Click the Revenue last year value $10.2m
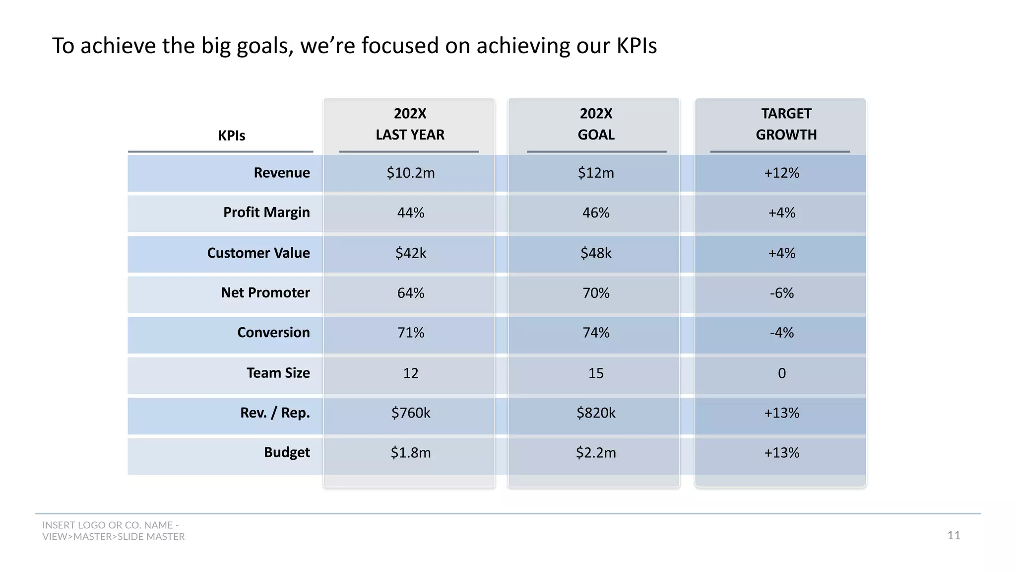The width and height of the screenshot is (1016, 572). [x=410, y=173]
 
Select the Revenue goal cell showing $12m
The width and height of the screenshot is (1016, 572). [x=595, y=173]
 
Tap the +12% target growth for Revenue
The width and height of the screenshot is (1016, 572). [x=781, y=173]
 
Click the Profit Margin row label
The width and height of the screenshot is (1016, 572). [x=266, y=213]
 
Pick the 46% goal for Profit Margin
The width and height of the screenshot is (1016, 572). [x=595, y=213]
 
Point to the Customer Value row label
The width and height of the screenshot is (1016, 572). [x=258, y=253]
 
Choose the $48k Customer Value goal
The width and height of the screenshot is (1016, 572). [x=595, y=253]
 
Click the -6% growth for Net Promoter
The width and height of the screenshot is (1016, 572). [x=781, y=293]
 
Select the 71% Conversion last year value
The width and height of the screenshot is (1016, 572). [x=410, y=333]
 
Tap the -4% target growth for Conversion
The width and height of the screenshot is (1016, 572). [x=781, y=333]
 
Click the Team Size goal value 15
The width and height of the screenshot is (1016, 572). [x=595, y=373]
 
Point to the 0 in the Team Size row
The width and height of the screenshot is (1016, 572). [x=781, y=373]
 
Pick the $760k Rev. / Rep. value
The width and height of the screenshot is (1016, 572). [x=410, y=413]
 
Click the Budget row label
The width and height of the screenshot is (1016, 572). [x=287, y=452]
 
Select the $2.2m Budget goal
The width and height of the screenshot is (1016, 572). [x=595, y=453]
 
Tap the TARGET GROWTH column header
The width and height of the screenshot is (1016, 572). [x=786, y=124]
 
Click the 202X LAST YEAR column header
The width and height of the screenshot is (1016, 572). [x=410, y=124]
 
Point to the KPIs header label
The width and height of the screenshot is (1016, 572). [x=232, y=136]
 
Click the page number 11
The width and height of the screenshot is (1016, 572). [x=953, y=535]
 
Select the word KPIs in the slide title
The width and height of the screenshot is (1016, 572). [x=636, y=46]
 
